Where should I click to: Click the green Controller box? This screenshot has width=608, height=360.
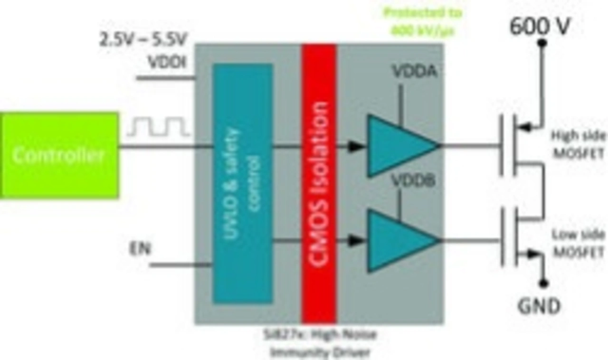[x=59, y=155]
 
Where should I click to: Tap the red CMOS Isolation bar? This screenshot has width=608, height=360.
[x=319, y=183]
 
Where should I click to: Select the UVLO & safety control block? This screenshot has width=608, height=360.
[x=243, y=183]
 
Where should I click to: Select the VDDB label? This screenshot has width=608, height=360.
[x=413, y=181]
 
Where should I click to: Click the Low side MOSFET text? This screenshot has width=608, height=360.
[x=578, y=243]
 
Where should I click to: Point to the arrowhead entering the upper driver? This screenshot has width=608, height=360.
[x=354, y=146]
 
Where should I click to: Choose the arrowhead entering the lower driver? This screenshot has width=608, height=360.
[x=354, y=241]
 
